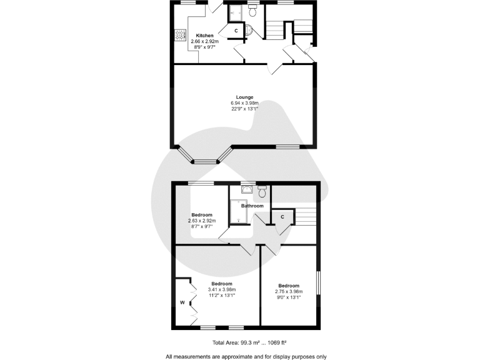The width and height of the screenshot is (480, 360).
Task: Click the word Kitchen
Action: click(x=205, y=35)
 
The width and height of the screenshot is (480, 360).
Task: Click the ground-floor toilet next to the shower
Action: click(x=252, y=12)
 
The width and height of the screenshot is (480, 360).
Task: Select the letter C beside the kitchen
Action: click(x=236, y=30)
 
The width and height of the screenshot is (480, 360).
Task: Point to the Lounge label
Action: click(x=244, y=97)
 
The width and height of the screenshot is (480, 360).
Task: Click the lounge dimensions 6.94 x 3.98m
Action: click(x=244, y=103)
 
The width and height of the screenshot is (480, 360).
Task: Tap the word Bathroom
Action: click(x=252, y=206)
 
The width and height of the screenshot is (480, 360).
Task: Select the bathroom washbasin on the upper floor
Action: click(x=246, y=189)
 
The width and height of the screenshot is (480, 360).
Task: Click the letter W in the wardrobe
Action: click(x=182, y=303)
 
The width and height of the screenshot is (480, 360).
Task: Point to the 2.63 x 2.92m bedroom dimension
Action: click(x=202, y=221)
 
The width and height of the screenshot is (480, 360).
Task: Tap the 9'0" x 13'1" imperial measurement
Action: click(x=288, y=297)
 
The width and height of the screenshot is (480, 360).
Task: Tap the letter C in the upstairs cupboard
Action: click(x=282, y=217)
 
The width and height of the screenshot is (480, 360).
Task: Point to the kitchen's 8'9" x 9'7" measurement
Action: click(x=205, y=47)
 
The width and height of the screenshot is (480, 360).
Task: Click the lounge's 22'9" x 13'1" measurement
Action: click(x=244, y=109)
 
